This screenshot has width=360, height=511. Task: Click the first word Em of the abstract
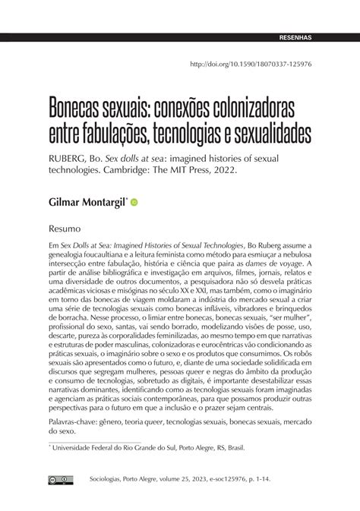pyautogui.click(x=53, y=247)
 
